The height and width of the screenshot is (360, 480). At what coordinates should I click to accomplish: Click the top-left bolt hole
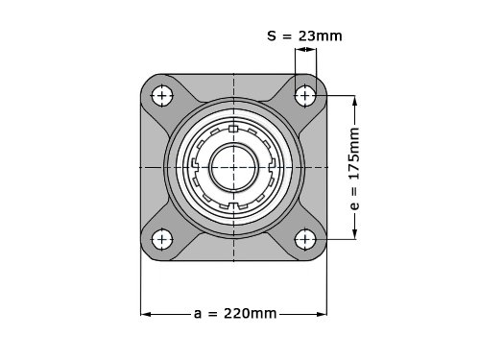(x=162, y=96)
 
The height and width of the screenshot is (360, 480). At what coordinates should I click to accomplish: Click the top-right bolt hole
(x=305, y=95)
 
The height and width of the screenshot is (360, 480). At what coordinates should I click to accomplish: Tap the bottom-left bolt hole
(x=162, y=239)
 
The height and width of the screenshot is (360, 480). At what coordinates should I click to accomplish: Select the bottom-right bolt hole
(x=305, y=239)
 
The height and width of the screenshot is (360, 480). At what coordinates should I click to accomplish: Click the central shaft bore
(x=233, y=167)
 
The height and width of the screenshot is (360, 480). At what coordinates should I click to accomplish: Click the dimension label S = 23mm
(x=304, y=36)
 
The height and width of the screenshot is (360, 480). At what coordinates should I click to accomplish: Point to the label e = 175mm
(x=354, y=169)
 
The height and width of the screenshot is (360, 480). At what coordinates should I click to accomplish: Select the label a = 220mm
(x=235, y=314)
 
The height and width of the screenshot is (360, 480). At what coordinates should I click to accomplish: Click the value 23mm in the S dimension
(x=321, y=36)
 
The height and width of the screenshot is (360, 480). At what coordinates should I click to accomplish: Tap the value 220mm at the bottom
(x=251, y=314)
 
